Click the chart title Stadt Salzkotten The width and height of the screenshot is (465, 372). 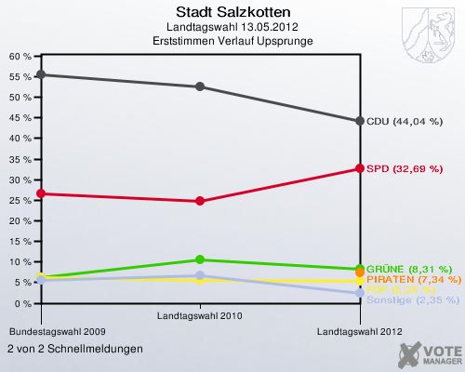pos(232,12)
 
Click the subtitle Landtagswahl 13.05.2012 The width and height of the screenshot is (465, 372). pos(232,28)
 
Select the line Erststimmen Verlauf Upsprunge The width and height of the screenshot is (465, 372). pos(232,42)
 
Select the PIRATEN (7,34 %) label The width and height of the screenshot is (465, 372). pos(409,279)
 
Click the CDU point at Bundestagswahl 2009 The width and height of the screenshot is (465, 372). pos(40,74)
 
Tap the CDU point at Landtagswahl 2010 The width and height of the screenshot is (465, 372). pos(200,86)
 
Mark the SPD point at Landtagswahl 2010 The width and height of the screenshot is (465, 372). pos(200,201)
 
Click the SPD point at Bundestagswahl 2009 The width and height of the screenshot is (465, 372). pos(40,193)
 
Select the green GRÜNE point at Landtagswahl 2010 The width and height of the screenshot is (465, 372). pos(200,259)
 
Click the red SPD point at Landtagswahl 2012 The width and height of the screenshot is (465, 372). pos(359,168)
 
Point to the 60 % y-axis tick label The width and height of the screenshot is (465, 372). pos(20,56)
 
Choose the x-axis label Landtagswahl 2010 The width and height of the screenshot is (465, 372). pos(200,317)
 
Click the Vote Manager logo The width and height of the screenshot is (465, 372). pos(428,353)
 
